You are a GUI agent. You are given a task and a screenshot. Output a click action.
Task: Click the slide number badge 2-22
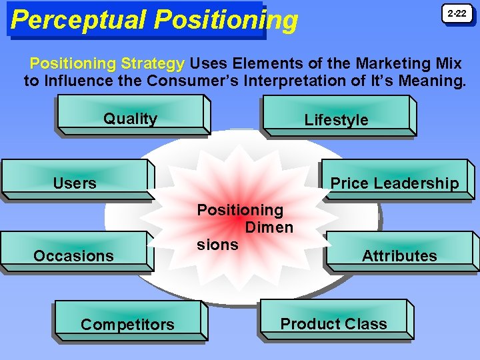(x=457, y=14)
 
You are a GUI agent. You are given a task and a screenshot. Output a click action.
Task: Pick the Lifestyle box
(x=337, y=117)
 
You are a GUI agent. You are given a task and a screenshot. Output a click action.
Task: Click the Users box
(x=75, y=180)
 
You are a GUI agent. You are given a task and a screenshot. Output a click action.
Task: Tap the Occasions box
(x=73, y=253)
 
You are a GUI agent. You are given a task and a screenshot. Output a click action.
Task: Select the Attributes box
(x=399, y=253)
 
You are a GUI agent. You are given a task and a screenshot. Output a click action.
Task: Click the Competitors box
(x=127, y=322)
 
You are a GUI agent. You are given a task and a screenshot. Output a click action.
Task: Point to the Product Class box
(x=333, y=321)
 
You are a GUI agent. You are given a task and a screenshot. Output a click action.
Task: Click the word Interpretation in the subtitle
(x=307, y=82)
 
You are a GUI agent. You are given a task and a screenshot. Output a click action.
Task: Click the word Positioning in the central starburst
(x=240, y=210)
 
